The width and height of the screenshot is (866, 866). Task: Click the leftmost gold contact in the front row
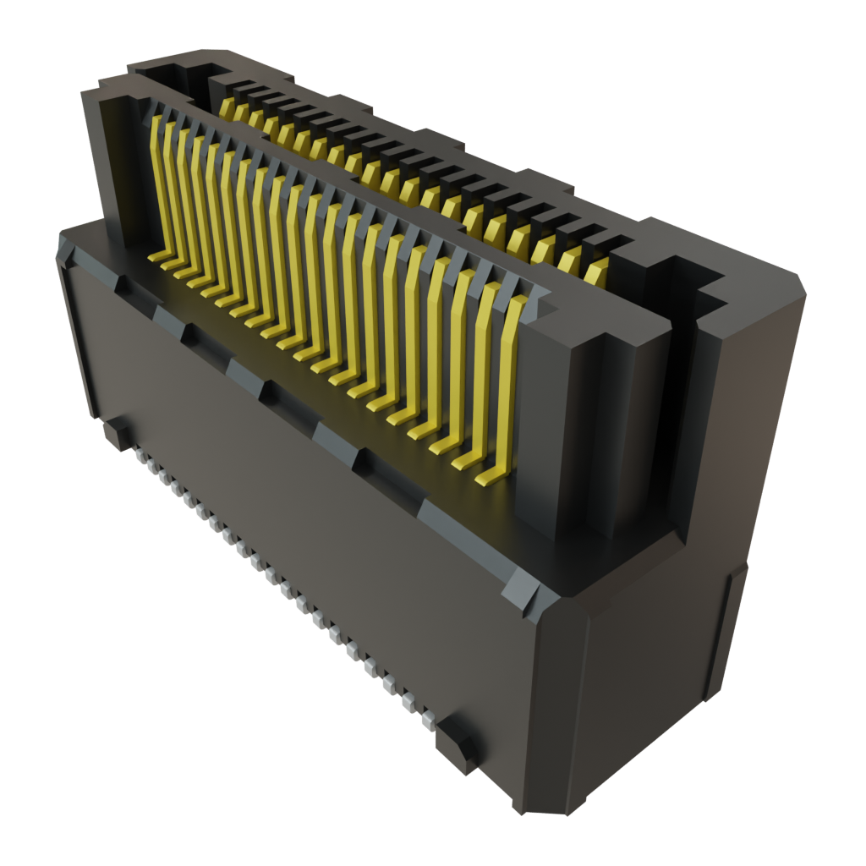[x=155, y=186]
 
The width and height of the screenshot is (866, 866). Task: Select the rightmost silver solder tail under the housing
[x=429, y=721]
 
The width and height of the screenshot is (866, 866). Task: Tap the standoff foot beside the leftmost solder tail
[x=117, y=433]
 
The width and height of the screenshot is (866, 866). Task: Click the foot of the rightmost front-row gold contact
[x=491, y=479]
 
